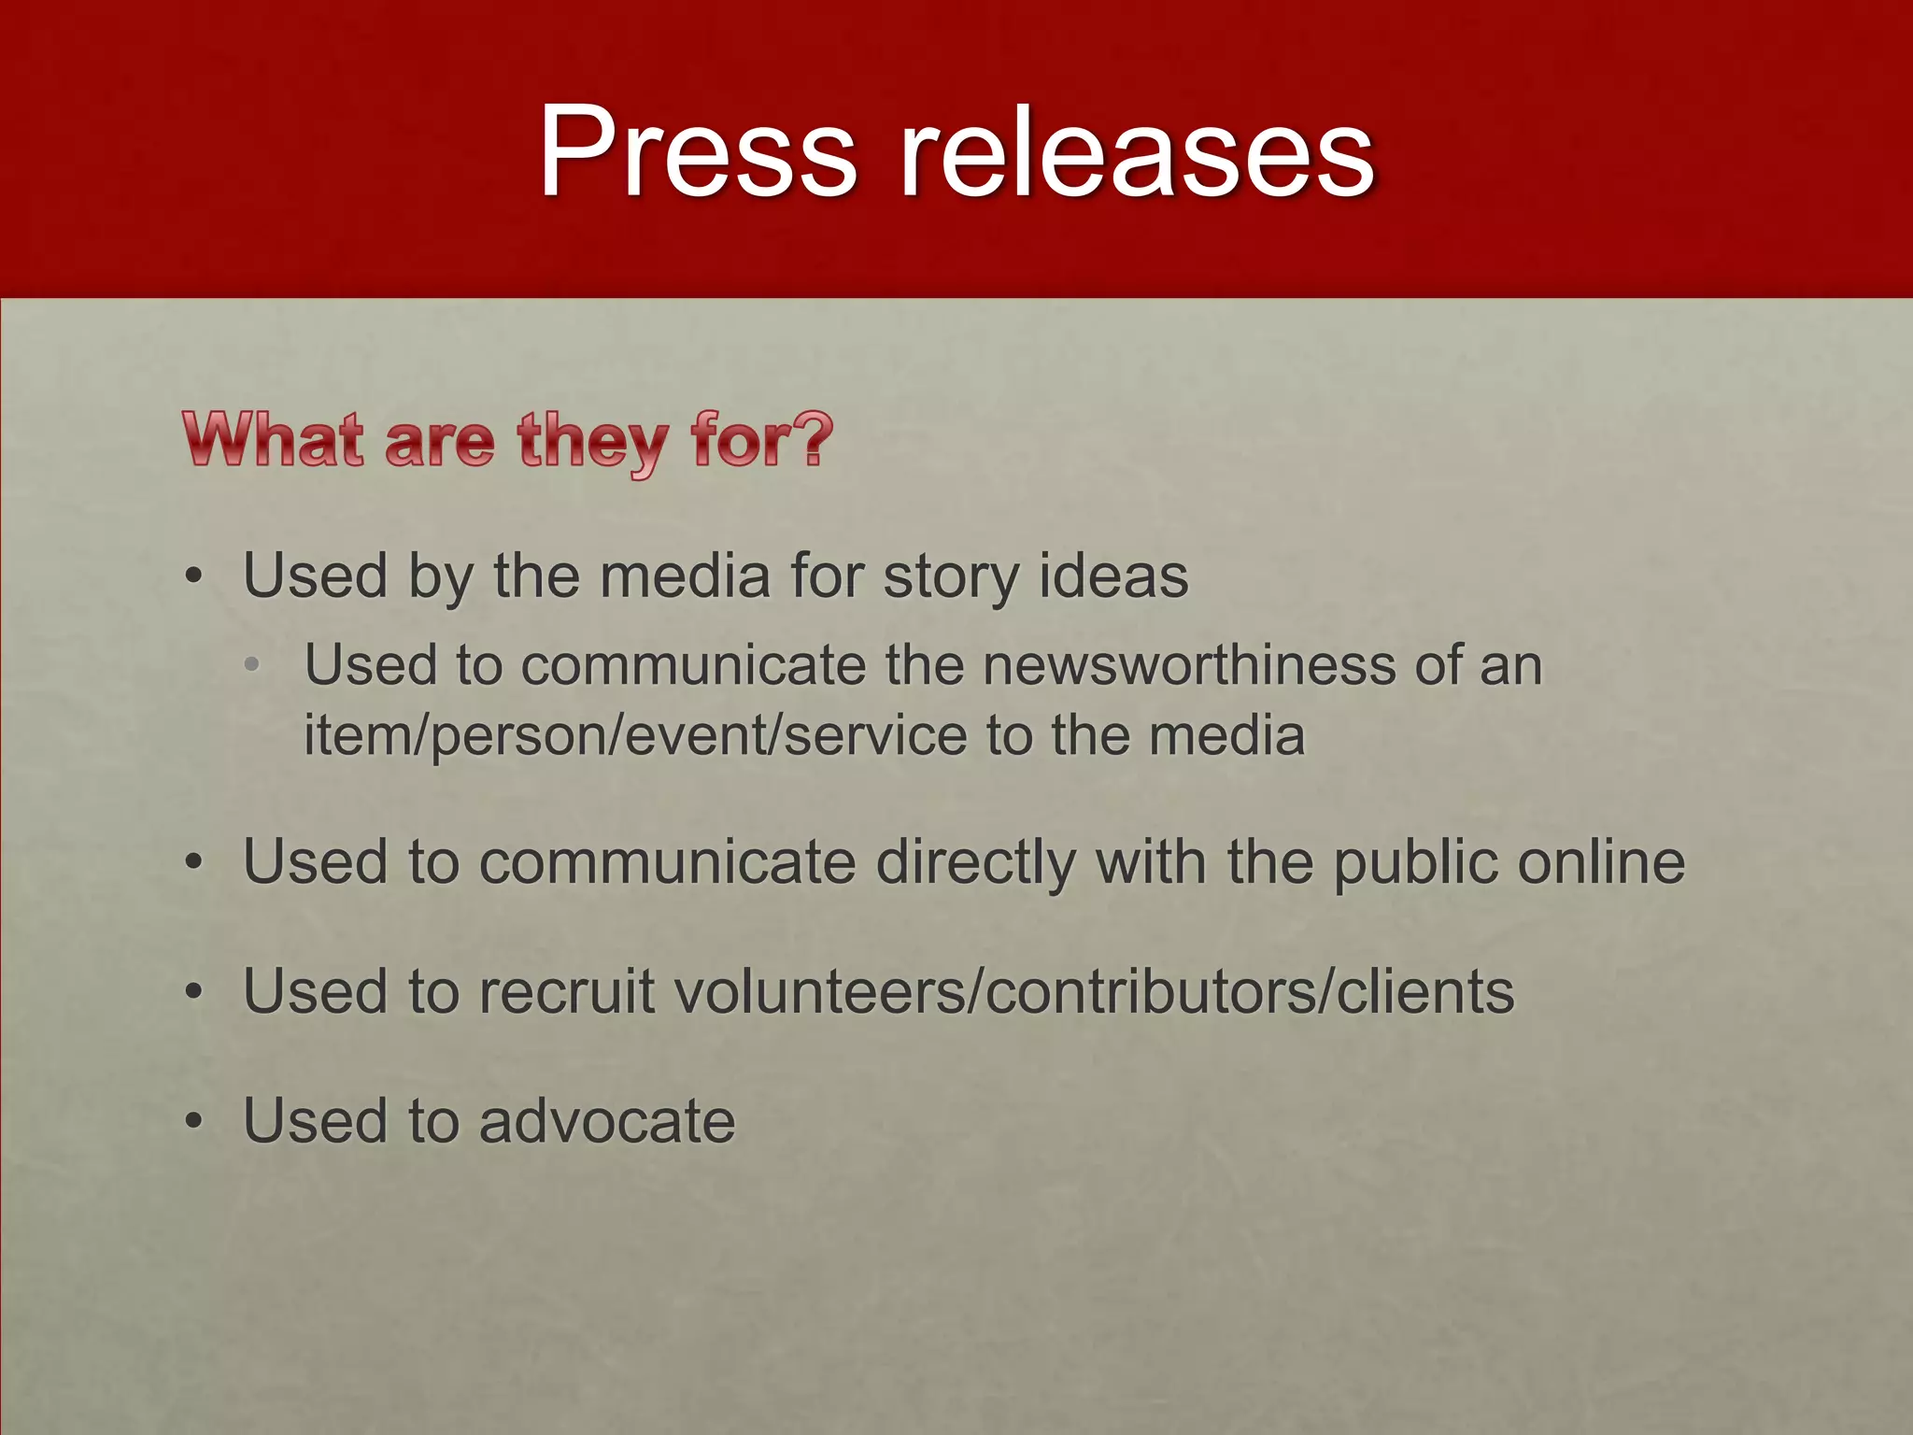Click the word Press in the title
(697, 151)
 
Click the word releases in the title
(1137, 151)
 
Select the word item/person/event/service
(635, 736)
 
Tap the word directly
(976, 861)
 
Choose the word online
(1601, 861)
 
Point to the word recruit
(566, 991)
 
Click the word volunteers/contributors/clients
(1094, 991)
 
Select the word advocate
(607, 1120)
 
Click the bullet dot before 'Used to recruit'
(193, 992)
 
